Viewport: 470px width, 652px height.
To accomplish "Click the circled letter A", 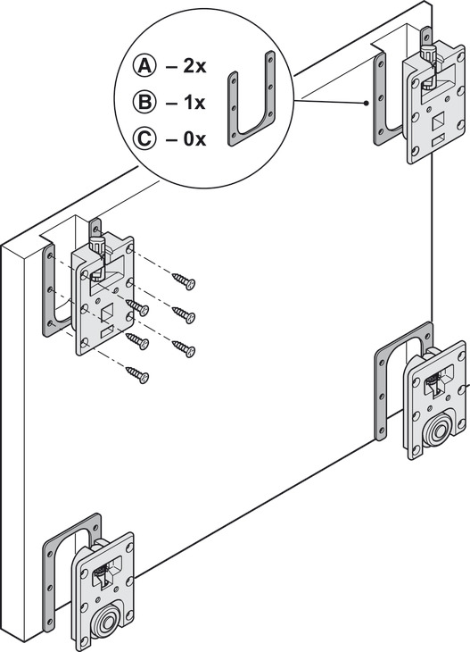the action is pyautogui.click(x=144, y=66).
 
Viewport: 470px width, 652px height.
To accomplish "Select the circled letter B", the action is pyautogui.click(x=144, y=102).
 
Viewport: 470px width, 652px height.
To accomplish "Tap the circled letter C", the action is pyautogui.click(x=144, y=138).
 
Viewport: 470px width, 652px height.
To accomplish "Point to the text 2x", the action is pyautogui.click(x=194, y=66).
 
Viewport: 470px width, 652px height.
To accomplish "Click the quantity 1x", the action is pyautogui.click(x=194, y=103).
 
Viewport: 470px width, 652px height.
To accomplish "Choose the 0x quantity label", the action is pyautogui.click(x=194, y=138).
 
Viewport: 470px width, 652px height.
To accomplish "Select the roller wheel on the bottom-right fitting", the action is pyautogui.click(x=438, y=432).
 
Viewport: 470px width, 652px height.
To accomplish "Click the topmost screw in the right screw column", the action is pyautogui.click(x=184, y=280).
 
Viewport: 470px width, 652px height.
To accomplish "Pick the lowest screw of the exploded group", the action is pyautogui.click(x=137, y=374).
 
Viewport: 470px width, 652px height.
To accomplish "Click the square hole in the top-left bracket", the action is pyautogui.click(x=108, y=313).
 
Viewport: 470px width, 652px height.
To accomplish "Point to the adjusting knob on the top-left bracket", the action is pyautogui.click(x=96, y=247).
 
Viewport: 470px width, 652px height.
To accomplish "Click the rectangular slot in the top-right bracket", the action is pyautogui.click(x=438, y=141).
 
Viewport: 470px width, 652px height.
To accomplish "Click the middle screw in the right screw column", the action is pyautogui.click(x=184, y=314).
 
